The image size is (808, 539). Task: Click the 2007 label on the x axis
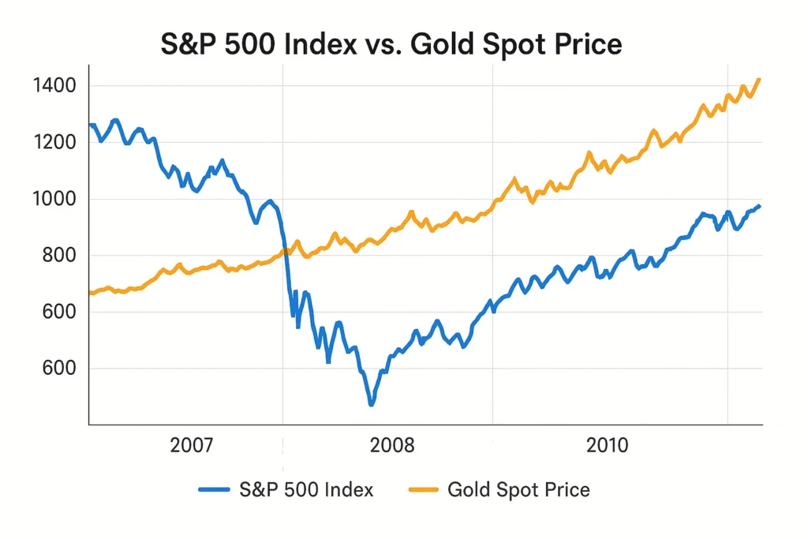click(x=191, y=446)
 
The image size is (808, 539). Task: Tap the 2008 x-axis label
click(x=392, y=446)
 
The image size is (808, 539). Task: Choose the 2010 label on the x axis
click(x=608, y=446)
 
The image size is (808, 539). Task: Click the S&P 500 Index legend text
click(x=306, y=489)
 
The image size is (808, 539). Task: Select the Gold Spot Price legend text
click(x=518, y=489)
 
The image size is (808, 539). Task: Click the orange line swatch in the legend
click(x=424, y=490)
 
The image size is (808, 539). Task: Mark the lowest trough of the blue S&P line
click(x=371, y=404)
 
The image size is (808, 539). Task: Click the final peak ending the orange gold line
click(x=759, y=79)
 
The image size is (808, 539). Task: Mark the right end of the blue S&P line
click(x=759, y=206)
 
